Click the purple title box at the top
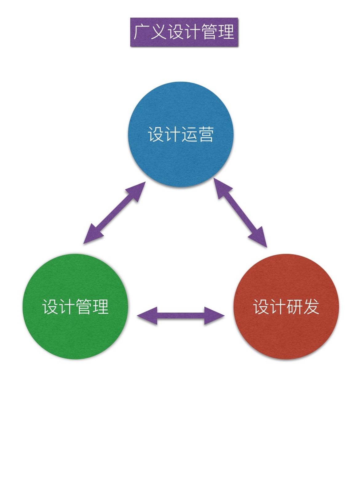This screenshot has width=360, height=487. tap(184, 32)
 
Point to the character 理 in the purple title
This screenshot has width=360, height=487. tap(226, 32)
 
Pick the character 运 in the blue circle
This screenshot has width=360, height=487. tap(189, 135)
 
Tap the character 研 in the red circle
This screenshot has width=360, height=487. tap(295, 307)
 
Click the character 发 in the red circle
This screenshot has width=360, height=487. tap(311, 307)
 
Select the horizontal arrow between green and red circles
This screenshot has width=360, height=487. tap(181, 316)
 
